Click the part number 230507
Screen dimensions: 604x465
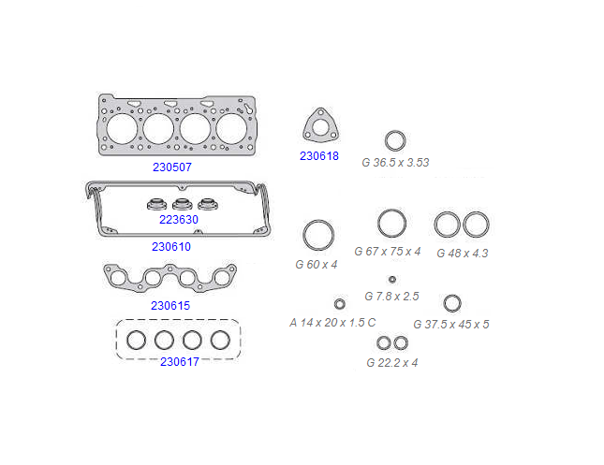click(172, 167)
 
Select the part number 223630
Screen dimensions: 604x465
click(179, 220)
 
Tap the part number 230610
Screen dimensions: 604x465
click(171, 246)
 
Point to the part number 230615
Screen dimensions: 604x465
click(170, 306)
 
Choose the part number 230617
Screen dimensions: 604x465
click(180, 362)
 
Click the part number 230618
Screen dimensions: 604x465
click(319, 156)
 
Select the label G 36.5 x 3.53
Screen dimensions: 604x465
click(395, 163)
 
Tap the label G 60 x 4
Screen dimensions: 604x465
click(317, 265)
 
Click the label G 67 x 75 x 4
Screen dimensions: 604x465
click(388, 252)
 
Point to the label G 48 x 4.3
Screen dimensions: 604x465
click(463, 254)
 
